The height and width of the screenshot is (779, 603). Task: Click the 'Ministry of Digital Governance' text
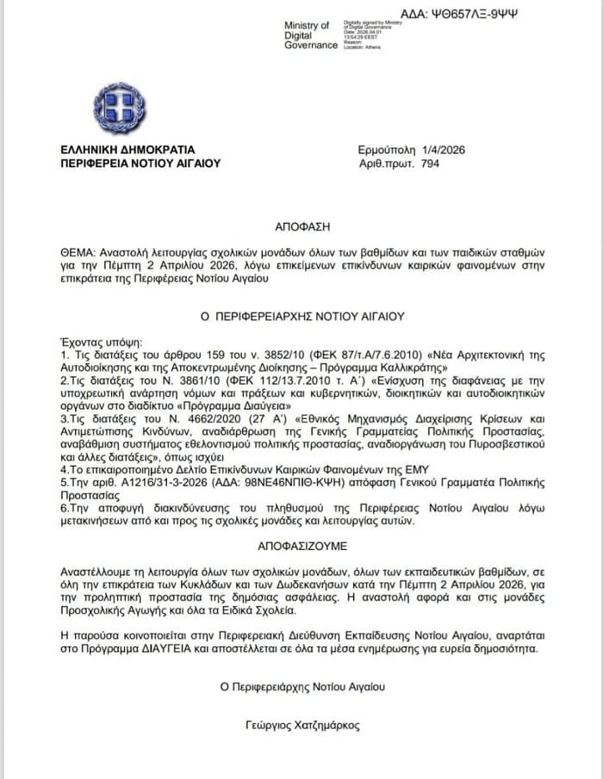tap(310, 35)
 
